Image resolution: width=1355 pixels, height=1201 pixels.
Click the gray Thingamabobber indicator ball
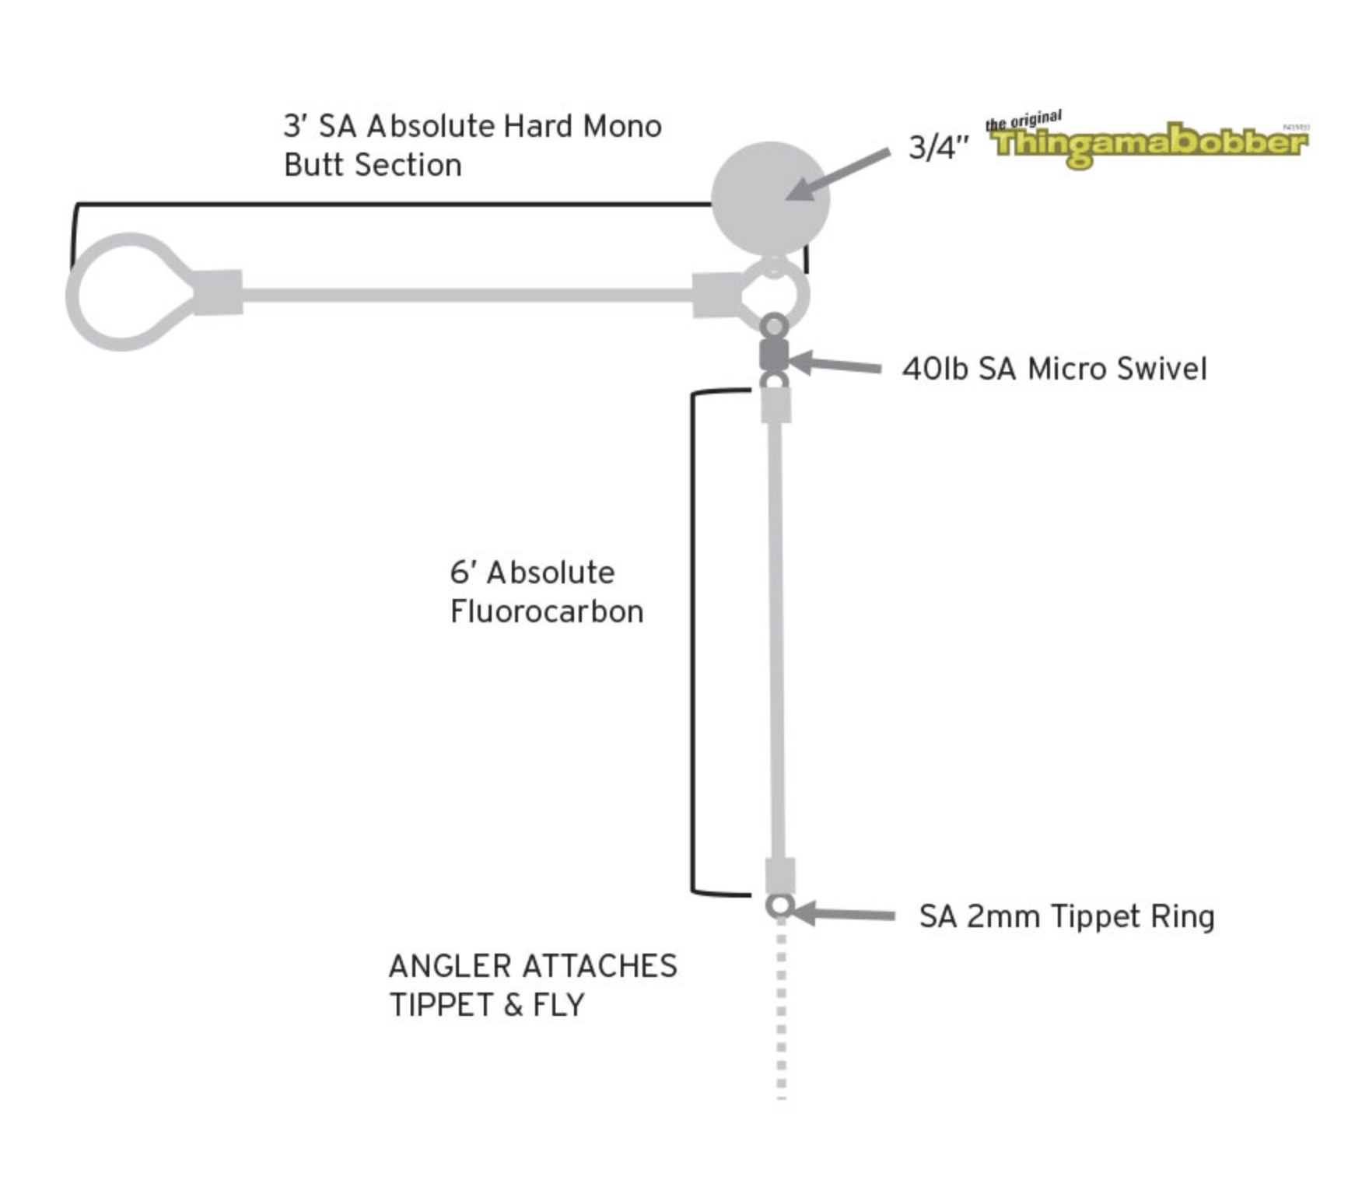[770, 199]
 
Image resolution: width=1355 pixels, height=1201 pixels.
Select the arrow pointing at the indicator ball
[838, 174]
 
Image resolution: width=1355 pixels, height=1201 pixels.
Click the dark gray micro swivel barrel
[774, 355]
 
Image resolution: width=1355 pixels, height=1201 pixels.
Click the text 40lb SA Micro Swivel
[1055, 369]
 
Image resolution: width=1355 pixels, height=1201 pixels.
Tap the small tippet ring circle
[780, 905]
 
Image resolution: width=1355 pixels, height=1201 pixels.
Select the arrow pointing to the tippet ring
[844, 914]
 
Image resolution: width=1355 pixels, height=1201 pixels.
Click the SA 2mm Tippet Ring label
[1066, 917]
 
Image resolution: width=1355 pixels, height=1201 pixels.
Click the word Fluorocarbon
[547, 611]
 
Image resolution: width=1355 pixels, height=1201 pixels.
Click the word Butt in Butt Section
[313, 165]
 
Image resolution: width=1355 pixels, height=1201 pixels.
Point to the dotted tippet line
[781, 1009]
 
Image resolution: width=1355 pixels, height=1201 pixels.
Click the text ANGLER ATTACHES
[533, 966]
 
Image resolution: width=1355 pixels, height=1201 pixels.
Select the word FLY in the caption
[558, 1005]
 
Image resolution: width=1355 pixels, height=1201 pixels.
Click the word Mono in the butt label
[622, 126]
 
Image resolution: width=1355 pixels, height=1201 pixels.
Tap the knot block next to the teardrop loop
[218, 292]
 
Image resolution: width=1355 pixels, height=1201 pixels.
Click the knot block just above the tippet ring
[780, 876]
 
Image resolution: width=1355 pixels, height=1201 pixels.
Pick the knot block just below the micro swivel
[776, 404]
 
